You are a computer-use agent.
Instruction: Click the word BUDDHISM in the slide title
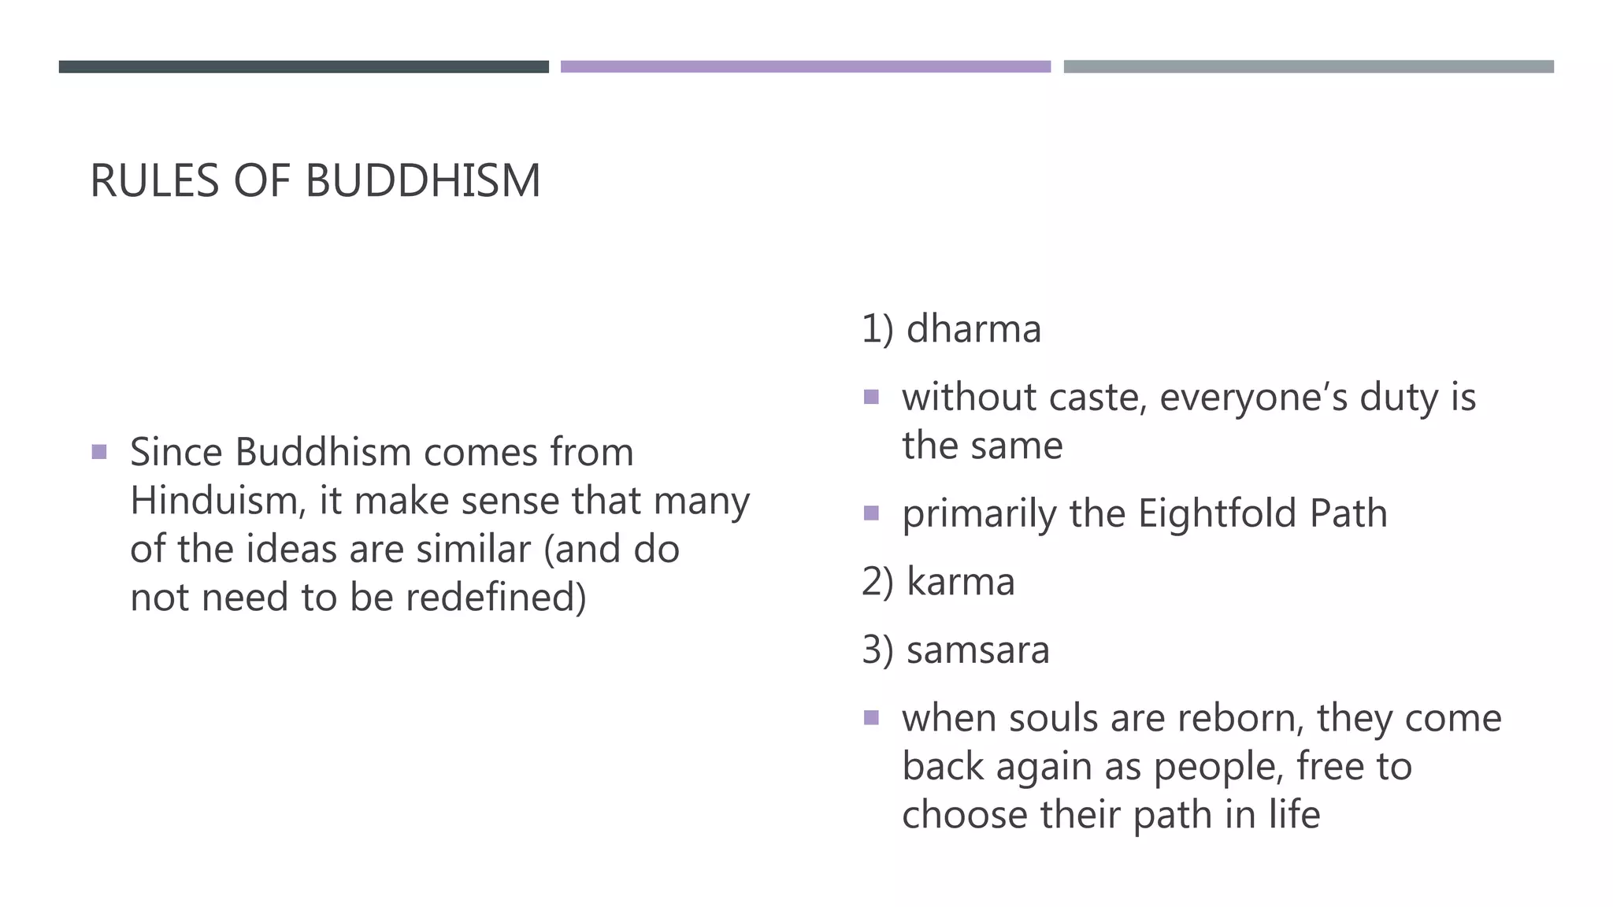tap(422, 181)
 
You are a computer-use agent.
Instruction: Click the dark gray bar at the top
tap(303, 67)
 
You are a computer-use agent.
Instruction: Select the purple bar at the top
tap(805, 67)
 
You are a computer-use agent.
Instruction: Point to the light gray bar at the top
tap(1308, 67)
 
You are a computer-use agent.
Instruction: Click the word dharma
tap(973, 329)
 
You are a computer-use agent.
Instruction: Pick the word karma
tap(960, 583)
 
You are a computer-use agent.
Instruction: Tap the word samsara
tap(977, 651)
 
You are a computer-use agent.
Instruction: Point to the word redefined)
tap(496, 598)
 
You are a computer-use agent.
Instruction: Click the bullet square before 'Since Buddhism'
tap(99, 452)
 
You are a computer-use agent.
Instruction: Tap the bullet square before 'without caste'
tap(871, 397)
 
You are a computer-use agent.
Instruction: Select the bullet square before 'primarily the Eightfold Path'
tap(871, 513)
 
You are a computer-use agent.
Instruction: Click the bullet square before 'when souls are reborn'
tap(871, 717)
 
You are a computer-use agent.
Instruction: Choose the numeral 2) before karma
tap(877, 583)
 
